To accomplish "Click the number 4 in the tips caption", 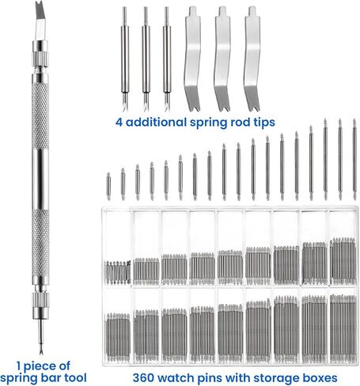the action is click(119, 123).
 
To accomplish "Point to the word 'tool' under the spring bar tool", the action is click(75, 377).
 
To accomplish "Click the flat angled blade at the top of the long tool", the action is click(40, 20).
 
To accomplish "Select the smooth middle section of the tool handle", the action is click(40, 179).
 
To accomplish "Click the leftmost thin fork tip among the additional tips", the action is click(125, 59).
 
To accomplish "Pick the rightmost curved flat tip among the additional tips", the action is click(252, 59).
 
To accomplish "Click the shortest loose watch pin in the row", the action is click(108, 186).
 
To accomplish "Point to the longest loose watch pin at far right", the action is click(354, 159).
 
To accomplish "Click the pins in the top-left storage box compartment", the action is click(118, 272).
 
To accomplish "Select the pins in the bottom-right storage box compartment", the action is click(343, 328).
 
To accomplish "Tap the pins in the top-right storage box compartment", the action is click(343, 261).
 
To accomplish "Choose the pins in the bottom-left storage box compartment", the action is click(118, 337).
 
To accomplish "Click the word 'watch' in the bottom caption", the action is click(176, 377).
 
